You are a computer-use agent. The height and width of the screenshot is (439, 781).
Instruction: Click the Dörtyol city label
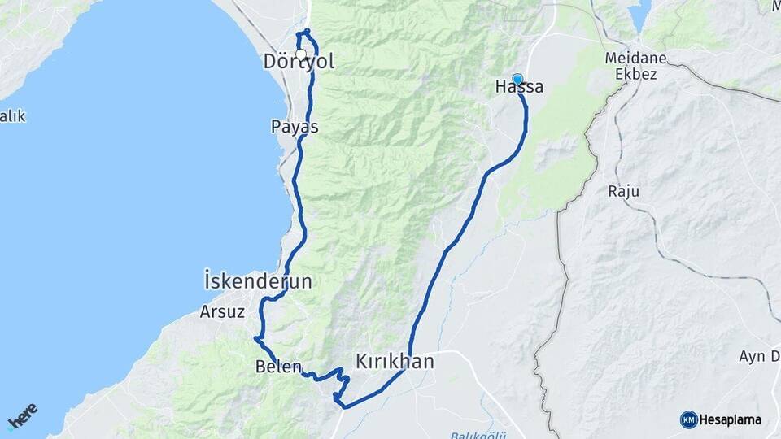pos(299,62)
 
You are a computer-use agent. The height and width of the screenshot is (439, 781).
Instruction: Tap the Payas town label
pos(295,127)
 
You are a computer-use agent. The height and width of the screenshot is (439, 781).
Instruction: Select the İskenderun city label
pos(257,282)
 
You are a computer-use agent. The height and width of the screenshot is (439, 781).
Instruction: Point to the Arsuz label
pos(222,311)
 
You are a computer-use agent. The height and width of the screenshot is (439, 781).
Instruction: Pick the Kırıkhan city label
pos(395,362)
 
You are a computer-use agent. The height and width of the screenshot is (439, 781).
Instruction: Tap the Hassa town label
pos(519,87)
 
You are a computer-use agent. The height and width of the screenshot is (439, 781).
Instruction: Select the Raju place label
pos(624,192)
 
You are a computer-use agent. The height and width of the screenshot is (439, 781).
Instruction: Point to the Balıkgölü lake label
pos(474,433)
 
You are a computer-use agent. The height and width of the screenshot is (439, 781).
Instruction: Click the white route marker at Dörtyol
pos(301,55)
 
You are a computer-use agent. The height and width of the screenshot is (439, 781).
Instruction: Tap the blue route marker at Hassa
pos(517,79)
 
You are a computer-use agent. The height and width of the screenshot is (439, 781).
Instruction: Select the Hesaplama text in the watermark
pos(730,420)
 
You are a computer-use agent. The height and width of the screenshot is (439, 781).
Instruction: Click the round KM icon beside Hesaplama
pos(688,419)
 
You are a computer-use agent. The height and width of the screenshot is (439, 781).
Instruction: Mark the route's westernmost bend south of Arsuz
pos(255,337)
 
